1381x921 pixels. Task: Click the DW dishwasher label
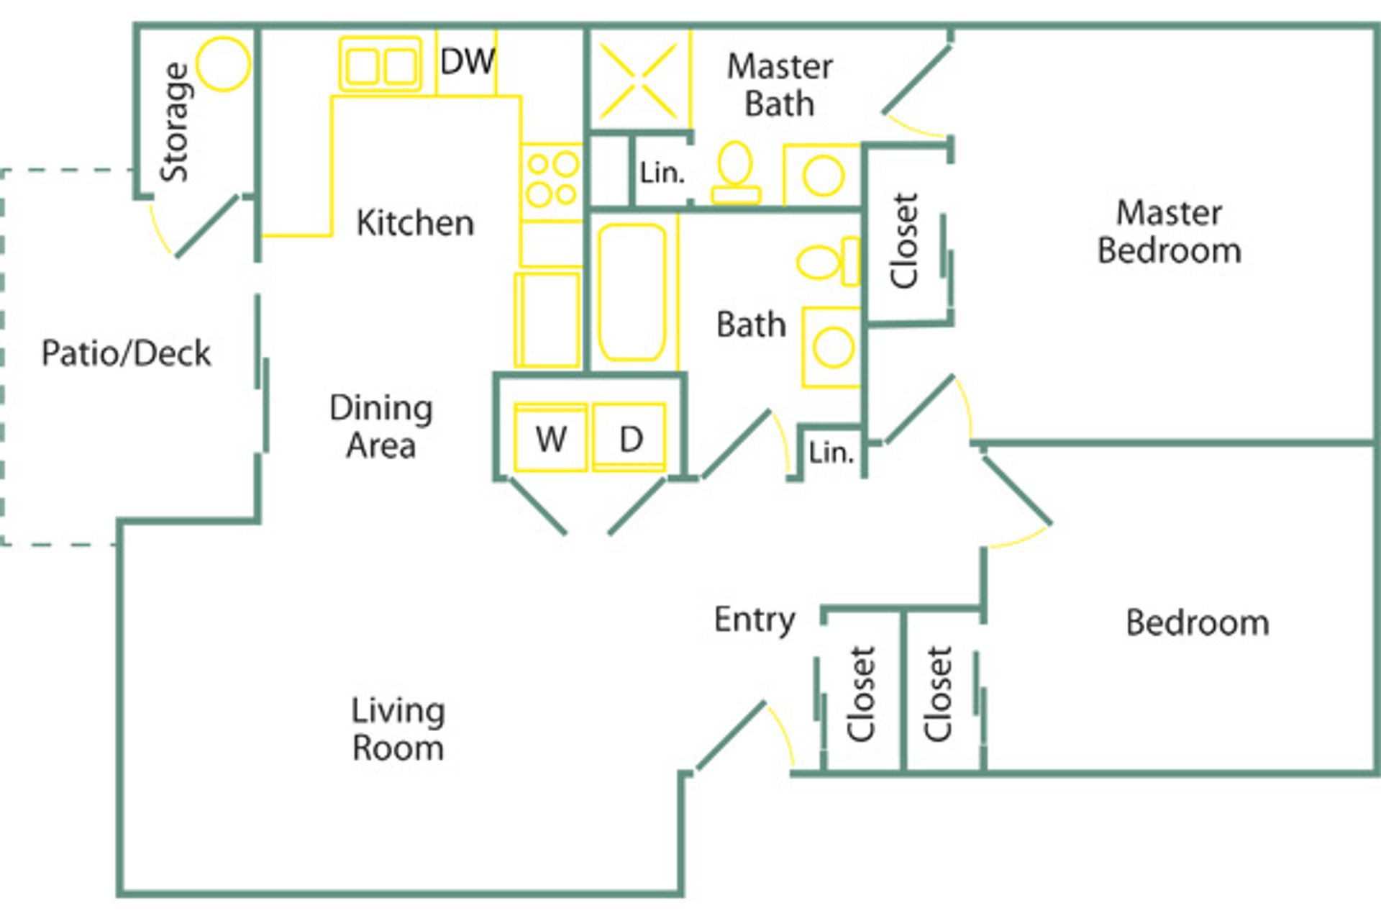pos(467,62)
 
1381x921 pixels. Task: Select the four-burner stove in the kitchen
pos(552,181)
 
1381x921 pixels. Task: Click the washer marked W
pos(551,438)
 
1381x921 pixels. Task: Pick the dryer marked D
pos(629,438)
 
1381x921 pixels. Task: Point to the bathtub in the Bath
pos(632,292)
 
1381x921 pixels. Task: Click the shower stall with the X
pos(639,81)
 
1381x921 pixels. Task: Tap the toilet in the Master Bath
pos(735,173)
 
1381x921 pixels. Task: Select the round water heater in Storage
pos(224,64)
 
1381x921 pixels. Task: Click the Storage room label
pos(175,122)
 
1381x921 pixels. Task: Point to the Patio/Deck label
pos(126,353)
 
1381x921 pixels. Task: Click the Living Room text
pos(398,729)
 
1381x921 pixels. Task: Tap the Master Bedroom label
pos(1169,232)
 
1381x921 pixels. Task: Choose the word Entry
pos(755,620)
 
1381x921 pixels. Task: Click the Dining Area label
pos(381,426)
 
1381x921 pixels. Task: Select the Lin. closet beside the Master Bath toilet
pos(662,173)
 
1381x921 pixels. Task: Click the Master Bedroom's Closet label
pos(904,241)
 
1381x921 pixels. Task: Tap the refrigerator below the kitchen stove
pos(548,319)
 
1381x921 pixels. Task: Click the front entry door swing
pos(741,738)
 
